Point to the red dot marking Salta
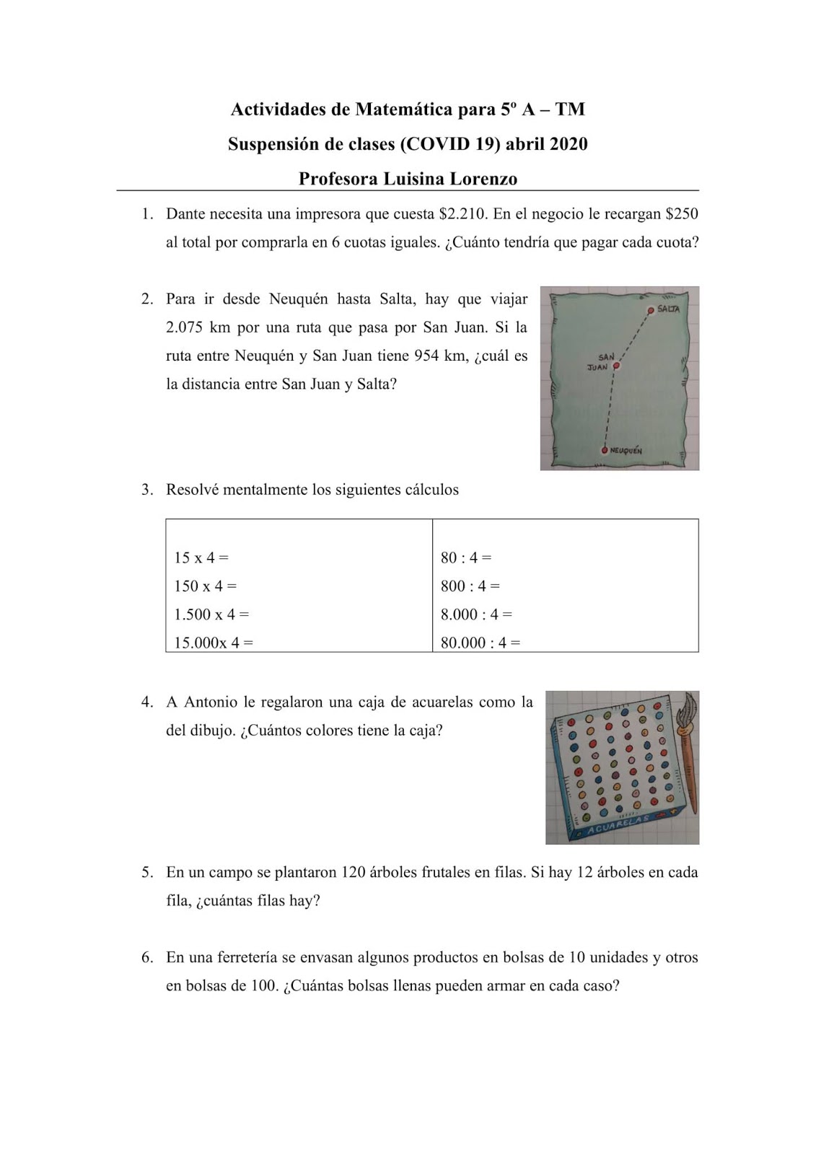click(651, 310)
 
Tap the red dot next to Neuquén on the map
click(605, 451)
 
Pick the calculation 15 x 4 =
click(201, 558)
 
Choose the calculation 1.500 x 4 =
click(211, 615)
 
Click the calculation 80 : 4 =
click(465, 558)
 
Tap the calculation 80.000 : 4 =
click(480, 643)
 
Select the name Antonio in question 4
click(210, 702)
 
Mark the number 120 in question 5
click(354, 872)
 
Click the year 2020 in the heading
click(569, 144)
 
